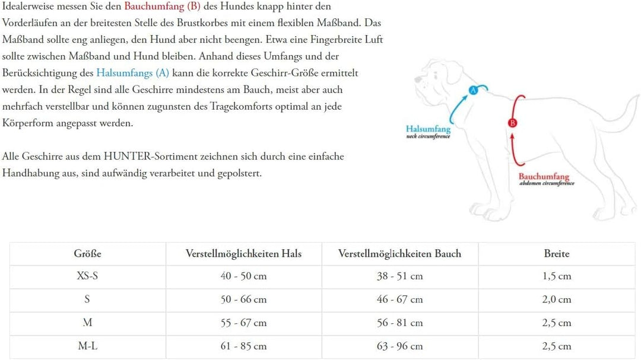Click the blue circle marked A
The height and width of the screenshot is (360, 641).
[x=474, y=90]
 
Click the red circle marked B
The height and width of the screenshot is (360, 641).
[x=513, y=123]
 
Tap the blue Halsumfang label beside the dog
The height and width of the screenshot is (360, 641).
[x=428, y=129]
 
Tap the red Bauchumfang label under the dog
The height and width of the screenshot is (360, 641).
[x=544, y=176]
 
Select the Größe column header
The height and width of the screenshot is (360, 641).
[x=88, y=254]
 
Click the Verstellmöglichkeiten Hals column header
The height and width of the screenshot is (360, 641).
[x=243, y=254]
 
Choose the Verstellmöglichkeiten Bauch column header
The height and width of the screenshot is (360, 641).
[x=399, y=254]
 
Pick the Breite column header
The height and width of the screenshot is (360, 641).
[x=556, y=254]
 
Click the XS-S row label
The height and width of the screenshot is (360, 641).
[x=87, y=276]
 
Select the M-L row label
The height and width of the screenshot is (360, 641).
[x=87, y=346]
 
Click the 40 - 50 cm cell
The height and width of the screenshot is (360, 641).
[x=243, y=276]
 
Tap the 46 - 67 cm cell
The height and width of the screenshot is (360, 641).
[x=399, y=300]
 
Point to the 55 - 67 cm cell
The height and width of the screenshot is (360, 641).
[x=243, y=323]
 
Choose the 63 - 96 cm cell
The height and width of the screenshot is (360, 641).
[x=399, y=346]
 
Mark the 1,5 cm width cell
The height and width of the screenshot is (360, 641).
[x=556, y=276]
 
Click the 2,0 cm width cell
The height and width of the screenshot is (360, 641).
[x=556, y=300]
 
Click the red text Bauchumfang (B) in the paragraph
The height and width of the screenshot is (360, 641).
[x=162, y=7]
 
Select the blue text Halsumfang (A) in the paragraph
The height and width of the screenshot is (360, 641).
[x=132, y=74]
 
